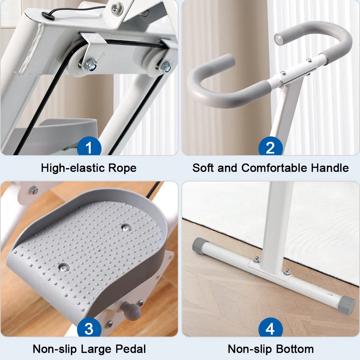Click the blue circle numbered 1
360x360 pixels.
click(x=89, y=147)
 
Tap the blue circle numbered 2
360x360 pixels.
click(x=270, y=147)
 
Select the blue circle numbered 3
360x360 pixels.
click(x=89, y=328)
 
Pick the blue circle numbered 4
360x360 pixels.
click(x=270, y=328)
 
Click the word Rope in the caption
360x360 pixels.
click(x=122, y=168)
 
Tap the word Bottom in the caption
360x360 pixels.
click(x=295, y=349)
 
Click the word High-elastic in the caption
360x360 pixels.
click(x=73, y=168)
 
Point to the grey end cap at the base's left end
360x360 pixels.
click(x=199, y=245)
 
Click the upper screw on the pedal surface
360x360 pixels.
click(x=126, y=228)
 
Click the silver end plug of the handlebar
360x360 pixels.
click(x=279, y=39)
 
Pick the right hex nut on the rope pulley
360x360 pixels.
click(x=166, y=67)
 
